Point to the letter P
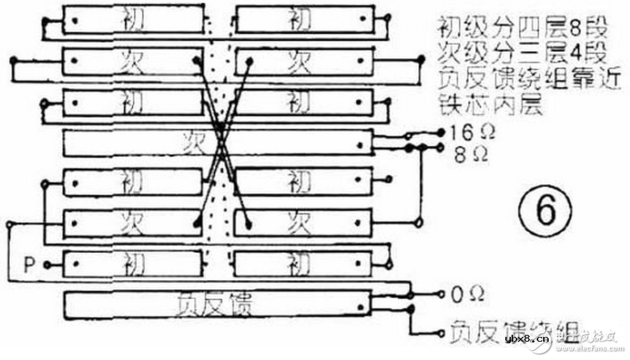29,265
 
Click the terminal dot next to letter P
47,265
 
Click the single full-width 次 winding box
218,143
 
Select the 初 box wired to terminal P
133,265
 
